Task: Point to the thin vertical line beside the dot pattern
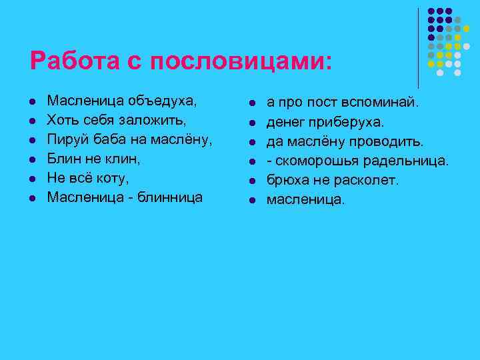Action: pos(418,47)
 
